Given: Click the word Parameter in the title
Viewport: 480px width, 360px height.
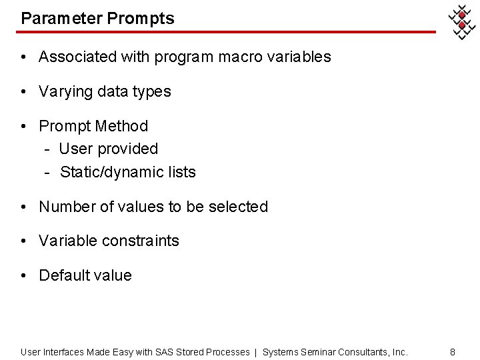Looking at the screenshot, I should click(x=60, y=18).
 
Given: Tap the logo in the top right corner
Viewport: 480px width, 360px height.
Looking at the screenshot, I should click(x=461, y=23).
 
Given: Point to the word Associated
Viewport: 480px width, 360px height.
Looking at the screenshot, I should click(x=77, y=57).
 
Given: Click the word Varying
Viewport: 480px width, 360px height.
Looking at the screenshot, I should click(x=66, y=92).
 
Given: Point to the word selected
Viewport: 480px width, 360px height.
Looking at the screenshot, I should click(x=238, y=207).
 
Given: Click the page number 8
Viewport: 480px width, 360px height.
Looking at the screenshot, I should click(x=453, y=351).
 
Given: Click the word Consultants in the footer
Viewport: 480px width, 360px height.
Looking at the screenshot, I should click(x=365, y=351).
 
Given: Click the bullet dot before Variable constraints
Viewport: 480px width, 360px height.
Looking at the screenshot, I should click(x=23, y=241).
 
